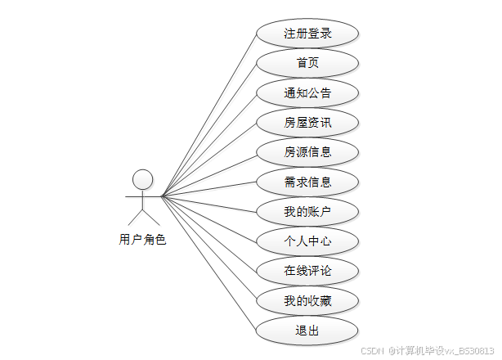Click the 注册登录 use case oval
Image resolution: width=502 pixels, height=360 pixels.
tap(307, 34)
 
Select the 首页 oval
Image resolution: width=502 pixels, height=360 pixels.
tap(307, 63)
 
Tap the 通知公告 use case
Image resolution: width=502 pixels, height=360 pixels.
tap(307, 92)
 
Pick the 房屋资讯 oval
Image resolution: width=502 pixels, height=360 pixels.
tap(307, 123)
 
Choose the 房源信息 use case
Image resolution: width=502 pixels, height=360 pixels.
tap(307, 152)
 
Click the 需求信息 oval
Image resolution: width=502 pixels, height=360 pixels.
tap(307, 182)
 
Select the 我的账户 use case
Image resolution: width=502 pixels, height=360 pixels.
tap(307, 212)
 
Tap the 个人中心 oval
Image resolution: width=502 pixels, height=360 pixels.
tap(307, 241)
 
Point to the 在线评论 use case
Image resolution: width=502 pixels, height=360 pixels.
tap(307, 271)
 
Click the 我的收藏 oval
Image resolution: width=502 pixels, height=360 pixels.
tap(307, 301)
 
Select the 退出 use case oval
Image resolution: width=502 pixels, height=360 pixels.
tap(307, 331)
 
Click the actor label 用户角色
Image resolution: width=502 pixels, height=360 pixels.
tap(142, 240)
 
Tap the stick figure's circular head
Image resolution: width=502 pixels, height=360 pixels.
tap(143, 179)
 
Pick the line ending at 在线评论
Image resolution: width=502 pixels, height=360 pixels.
tap(209, 233)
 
